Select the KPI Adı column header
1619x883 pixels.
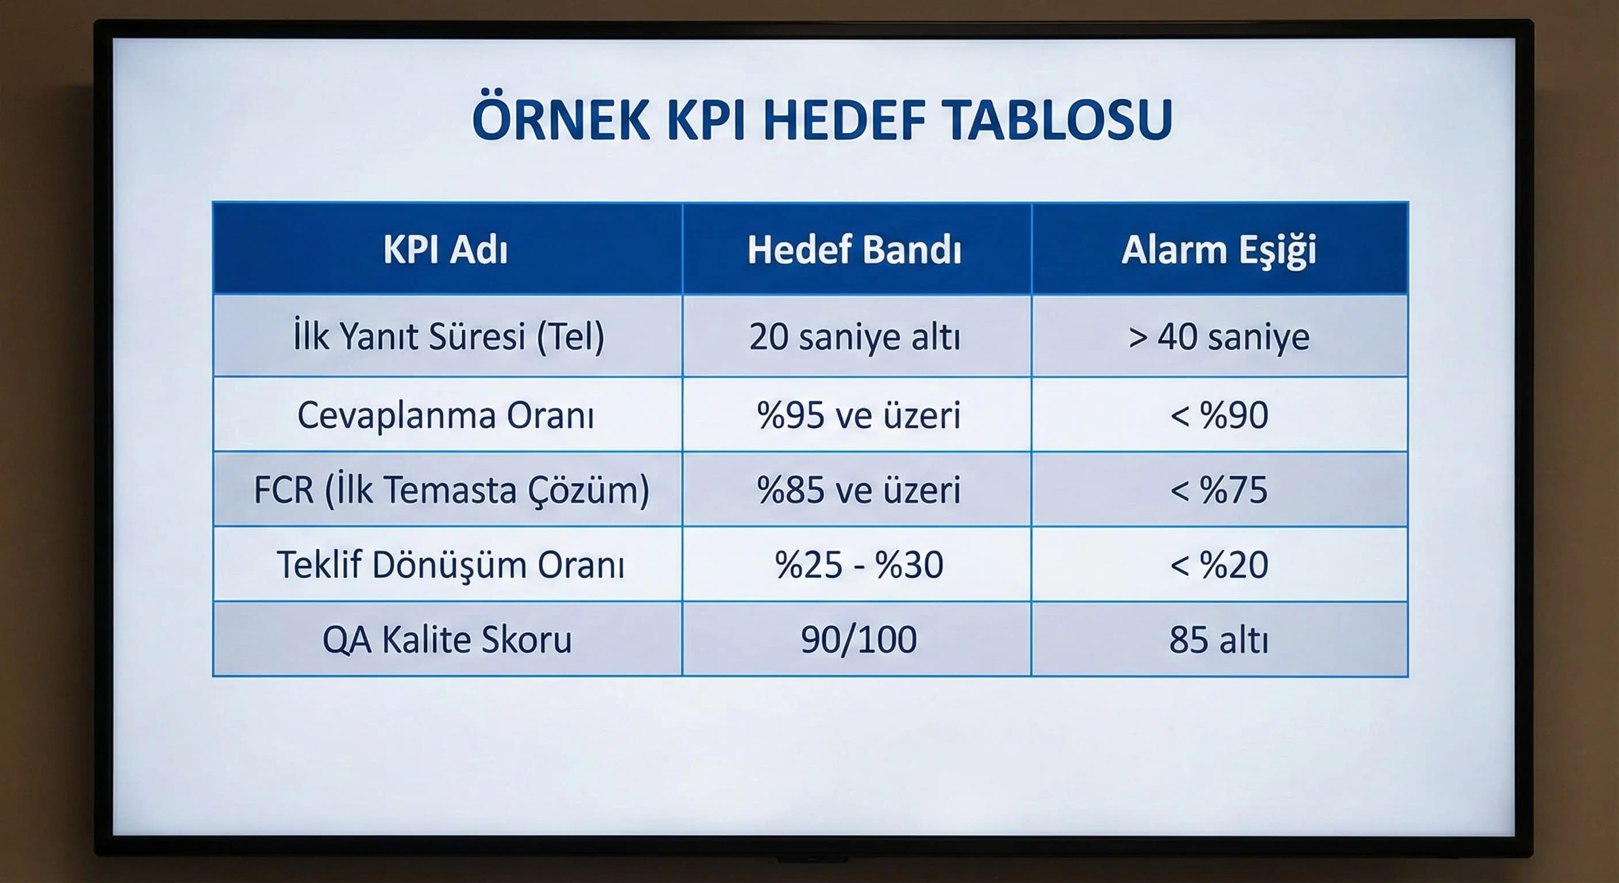click(x=446, y=249)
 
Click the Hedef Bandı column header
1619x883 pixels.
click(x=855, y=249)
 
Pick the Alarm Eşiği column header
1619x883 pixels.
click(x=1219, y=249)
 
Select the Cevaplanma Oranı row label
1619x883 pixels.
click(x=446, y=416)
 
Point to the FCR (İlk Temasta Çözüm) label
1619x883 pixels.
click(x=451, y=490)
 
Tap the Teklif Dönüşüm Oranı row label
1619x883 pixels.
click(x=451, y=565)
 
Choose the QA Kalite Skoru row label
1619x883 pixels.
click(x=447, y=640)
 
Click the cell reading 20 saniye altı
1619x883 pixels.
click(x=855, y=336)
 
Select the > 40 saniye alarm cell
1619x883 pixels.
click(x=1219, y=336)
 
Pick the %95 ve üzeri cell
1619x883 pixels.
click(x=858, y=416)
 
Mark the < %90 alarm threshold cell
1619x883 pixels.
click(x=1219, y=416)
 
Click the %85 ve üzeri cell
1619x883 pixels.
click(x=858, y=490)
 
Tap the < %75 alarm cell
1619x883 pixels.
click(x=1219, y=490)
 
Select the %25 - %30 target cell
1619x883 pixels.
click(x=858, y=565)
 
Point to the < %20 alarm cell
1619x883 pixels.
click(x=1219, y=565)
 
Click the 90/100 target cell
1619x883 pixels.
click(x=858, y=640)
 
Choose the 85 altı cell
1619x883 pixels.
click(x=1219, y=640)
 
